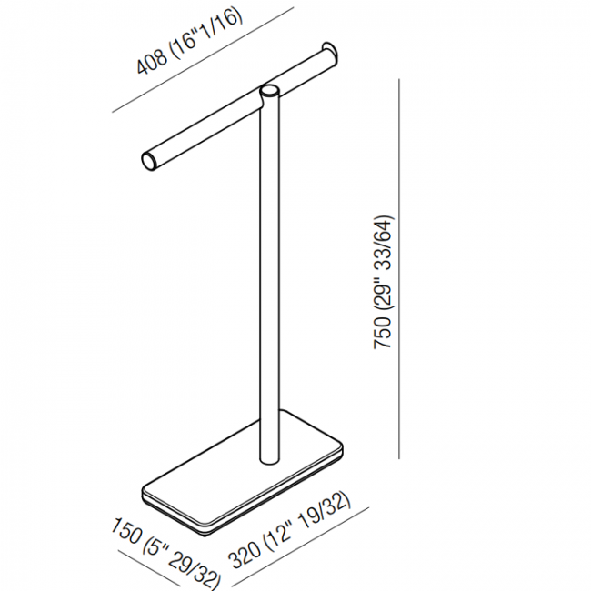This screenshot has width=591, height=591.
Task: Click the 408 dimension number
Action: (x=152, y=62)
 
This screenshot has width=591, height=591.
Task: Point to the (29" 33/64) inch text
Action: (x=383, y=264)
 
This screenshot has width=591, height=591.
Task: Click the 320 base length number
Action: (x=245, y=554)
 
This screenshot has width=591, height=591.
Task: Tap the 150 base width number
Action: (x=125, y=531)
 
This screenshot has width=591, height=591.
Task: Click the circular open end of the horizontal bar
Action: (x=149, y=162)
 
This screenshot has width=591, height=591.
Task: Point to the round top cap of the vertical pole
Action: (x=270, y=92)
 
